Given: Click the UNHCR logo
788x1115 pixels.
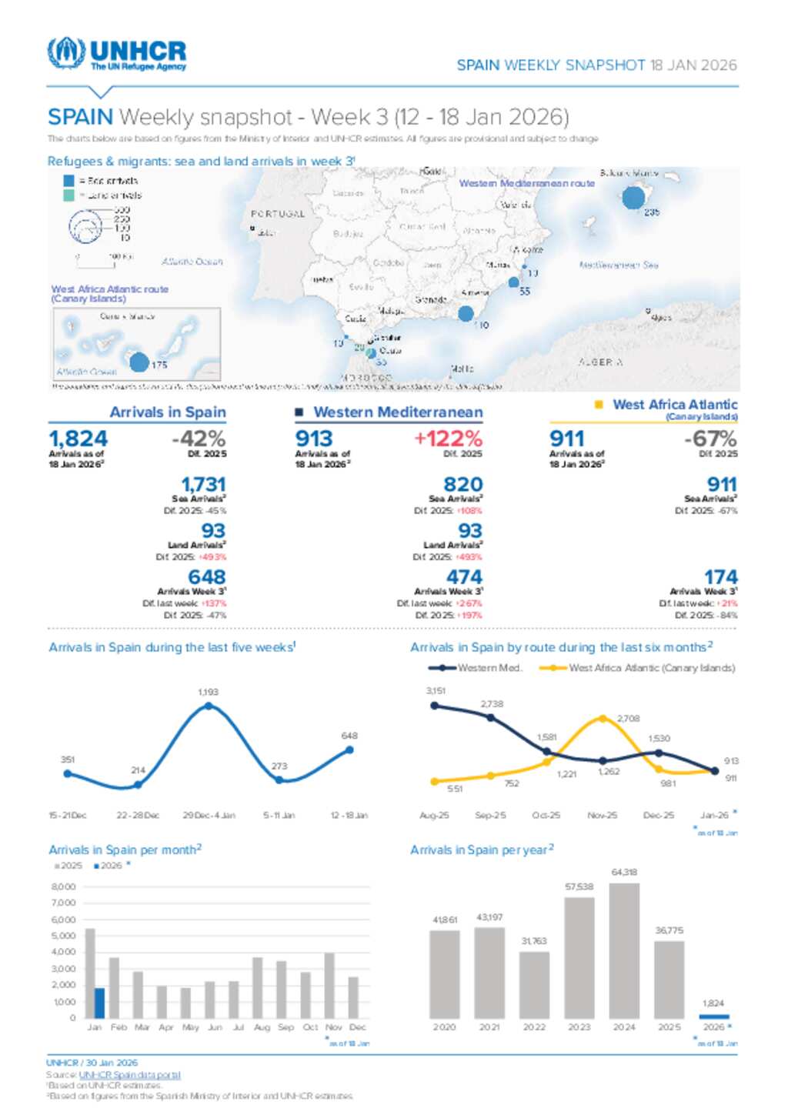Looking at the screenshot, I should click(116, 54).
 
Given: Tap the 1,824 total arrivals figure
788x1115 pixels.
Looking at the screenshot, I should click(78, 439).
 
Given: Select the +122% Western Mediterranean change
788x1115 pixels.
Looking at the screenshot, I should click(448, 439).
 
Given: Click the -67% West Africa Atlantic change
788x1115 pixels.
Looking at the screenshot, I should click(710, 439).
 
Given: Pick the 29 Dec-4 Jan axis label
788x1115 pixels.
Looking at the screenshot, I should click(209, 815).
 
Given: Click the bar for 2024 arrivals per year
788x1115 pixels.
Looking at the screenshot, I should click(624, 950).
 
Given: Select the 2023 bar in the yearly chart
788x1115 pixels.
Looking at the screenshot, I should click(579, 958).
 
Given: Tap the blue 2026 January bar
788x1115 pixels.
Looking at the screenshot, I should click(99, 1003).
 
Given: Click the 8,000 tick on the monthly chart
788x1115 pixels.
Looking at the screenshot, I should click(64, 887).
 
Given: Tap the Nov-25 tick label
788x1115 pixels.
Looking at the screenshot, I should click(602, 815).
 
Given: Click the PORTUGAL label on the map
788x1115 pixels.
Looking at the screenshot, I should click(278, 214).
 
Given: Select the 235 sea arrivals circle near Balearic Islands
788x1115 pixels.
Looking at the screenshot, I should click(633, 198).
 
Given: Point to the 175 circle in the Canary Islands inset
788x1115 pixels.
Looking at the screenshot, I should click(139, 362).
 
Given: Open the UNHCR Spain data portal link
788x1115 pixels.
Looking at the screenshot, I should click(129, 1075).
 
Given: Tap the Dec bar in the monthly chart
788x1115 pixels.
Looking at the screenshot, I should click(354, 997).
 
